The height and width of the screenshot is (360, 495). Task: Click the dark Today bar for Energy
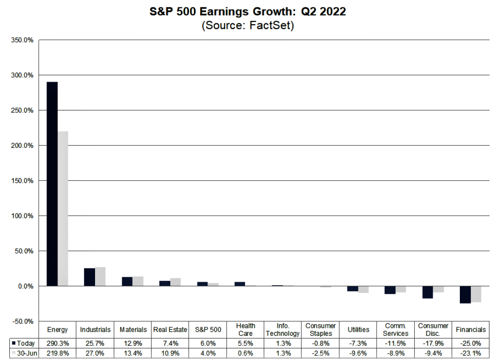[52, 184]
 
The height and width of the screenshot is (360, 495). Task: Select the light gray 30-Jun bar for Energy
[63, 208]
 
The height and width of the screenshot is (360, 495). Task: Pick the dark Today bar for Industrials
[89, 277]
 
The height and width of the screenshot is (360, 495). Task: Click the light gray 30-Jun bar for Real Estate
[175, 282]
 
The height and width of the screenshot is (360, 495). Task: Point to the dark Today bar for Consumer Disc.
[427, 292]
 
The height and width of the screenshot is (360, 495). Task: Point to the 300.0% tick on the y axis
[23, 75]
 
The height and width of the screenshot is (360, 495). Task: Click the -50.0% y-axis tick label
[23, 321]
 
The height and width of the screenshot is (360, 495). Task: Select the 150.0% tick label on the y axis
[23, 181]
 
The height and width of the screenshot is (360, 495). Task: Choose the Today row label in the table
[24, 343]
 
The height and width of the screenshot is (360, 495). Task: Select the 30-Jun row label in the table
[24, 353]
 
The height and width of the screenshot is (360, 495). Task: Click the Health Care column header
[245, 329]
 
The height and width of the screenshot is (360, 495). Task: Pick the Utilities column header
[358, 329]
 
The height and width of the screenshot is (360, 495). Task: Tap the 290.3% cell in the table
[57, 343]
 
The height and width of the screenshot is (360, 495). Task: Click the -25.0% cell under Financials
[471, 343]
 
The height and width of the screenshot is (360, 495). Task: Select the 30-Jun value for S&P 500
[207, 353]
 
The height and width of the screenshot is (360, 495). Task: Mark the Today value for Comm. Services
[396, 343]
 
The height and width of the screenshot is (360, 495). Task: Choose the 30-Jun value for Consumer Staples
[320, 353]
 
